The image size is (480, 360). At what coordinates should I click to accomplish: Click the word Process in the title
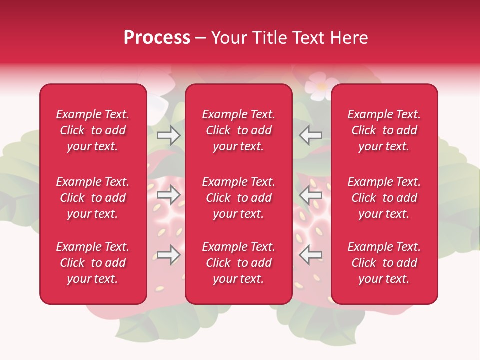click(x=157, y=38)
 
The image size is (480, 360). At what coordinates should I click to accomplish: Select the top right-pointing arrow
click(x=169, y=135)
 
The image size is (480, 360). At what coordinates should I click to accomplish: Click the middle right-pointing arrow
click(x=169, y=195)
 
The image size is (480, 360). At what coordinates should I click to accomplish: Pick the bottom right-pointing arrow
click(x=169, y=254)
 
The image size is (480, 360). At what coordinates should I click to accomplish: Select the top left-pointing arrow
click(x=310, y=135)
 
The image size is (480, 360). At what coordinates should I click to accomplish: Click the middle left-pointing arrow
click(x=310, y=195)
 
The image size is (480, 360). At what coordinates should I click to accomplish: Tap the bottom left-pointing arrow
click(x=310, y=254)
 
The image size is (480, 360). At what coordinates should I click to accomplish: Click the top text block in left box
click(x=93, y=130)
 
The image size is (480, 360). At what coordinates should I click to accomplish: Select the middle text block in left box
click(x=93, y=198)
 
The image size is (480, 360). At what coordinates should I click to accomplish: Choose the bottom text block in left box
click(x=93, y=263)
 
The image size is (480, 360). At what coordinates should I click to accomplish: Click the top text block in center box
click(x=238, y=130)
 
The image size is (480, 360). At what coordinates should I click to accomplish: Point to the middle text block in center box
click(x=238, y=198)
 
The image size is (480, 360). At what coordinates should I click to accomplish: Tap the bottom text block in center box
click(x=238, y=263)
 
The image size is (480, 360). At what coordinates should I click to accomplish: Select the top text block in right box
click(x=384, y=130)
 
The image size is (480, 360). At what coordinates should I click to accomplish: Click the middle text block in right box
click(x=384, y=198)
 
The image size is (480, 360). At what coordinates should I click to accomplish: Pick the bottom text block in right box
click(x=384, y=263)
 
